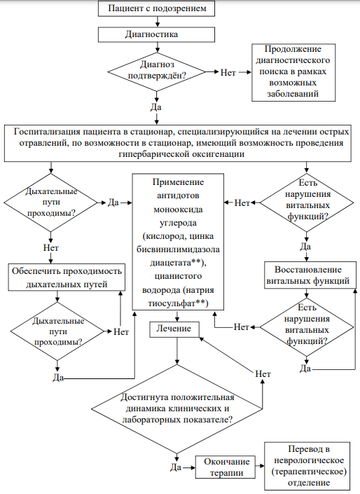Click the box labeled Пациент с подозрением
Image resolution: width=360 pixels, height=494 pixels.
(x=156, y=8)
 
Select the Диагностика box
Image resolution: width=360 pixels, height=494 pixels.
(x=156, y=34)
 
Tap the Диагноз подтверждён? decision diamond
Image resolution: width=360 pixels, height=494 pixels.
(x=156, y=72)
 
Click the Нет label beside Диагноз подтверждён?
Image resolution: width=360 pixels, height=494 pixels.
(x=228, y=72)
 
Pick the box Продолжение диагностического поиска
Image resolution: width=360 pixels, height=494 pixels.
(x=293, y=72)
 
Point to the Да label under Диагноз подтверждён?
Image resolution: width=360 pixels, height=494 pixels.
(x=156, y=107)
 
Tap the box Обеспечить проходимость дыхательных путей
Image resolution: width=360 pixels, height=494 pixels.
(x=67, y=277)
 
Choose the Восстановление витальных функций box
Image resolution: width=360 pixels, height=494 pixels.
(x=308, y=275)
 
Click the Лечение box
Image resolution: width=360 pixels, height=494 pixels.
(x=174, y=329)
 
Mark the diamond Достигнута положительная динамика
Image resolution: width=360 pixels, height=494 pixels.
(x=177, y=409)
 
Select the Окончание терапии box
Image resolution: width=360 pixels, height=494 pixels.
(x=226, y=467)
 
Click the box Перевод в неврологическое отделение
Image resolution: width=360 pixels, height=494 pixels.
(x=307, y=465)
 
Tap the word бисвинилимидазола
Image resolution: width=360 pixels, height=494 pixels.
(x=179, y=249)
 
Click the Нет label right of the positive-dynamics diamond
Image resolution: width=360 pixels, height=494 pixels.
(x=263, y=374)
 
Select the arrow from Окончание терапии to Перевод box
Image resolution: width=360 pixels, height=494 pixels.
(x=260, y=466)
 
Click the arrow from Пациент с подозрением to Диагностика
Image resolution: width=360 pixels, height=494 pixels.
(x=157, y=22)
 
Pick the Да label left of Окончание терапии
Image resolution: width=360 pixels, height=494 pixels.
(x=176, y=467)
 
